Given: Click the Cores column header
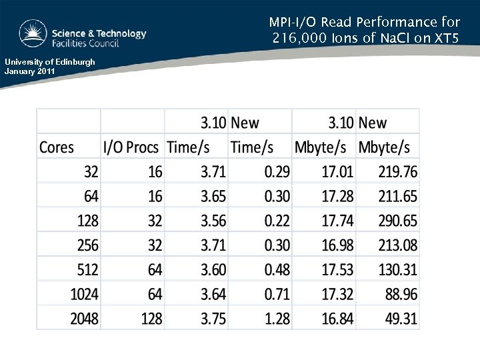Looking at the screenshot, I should (x=57, y=147).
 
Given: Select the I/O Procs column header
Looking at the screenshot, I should (x=131, y=147).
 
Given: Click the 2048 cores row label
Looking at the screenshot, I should (x=85, y=319).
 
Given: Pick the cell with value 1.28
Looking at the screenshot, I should (x=277, y=319).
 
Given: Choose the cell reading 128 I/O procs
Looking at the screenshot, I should (x=151, y=319).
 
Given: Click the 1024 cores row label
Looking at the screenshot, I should (x=85, y=294).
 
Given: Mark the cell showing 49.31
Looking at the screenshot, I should (x=401, y=319).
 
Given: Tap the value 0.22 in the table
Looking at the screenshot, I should (x=277, y=221).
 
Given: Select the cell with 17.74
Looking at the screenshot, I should (x=337, y=221).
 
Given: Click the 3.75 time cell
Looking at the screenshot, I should (x=213, y=319).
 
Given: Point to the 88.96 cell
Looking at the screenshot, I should (x=401, y=294).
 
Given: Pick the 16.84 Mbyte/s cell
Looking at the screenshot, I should (x=337, y=319).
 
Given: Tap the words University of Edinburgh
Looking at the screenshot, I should (x=49, y=62).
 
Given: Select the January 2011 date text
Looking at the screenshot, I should (x=31, y=70).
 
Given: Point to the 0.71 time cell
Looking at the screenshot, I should (x=277, y=294).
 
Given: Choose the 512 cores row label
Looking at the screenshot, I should (x=87, y=269).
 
